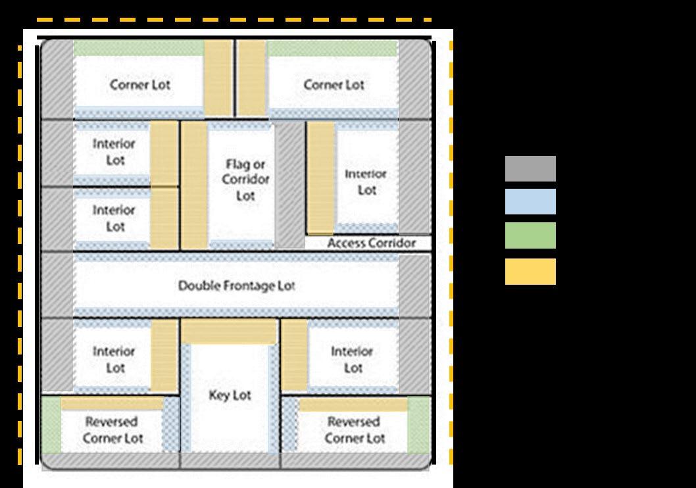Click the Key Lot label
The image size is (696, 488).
coord(230,395)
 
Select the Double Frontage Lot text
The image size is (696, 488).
coord(237,286)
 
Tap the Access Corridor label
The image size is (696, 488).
coord(372,243)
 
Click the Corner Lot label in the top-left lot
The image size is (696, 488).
coord(140,85)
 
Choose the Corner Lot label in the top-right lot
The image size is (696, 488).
coord(334,85)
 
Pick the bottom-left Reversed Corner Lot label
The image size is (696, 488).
coord(112,429)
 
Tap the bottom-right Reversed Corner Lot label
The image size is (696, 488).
coord(354,429)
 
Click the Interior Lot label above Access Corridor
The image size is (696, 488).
coord(366,182)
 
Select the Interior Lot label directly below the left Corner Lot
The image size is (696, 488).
coord(114,152)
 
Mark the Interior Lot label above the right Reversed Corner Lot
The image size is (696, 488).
coord(352,359)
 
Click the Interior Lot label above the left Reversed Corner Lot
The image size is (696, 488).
coord(114,359)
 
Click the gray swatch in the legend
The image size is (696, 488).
coord(530,168)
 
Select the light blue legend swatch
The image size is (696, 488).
coord(530,202)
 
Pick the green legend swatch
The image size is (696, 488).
coord(530,235)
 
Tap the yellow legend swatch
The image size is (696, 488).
coord(530,272)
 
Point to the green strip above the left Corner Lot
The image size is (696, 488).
coord(138,48)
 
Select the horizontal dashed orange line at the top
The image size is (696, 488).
coord(234,20)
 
